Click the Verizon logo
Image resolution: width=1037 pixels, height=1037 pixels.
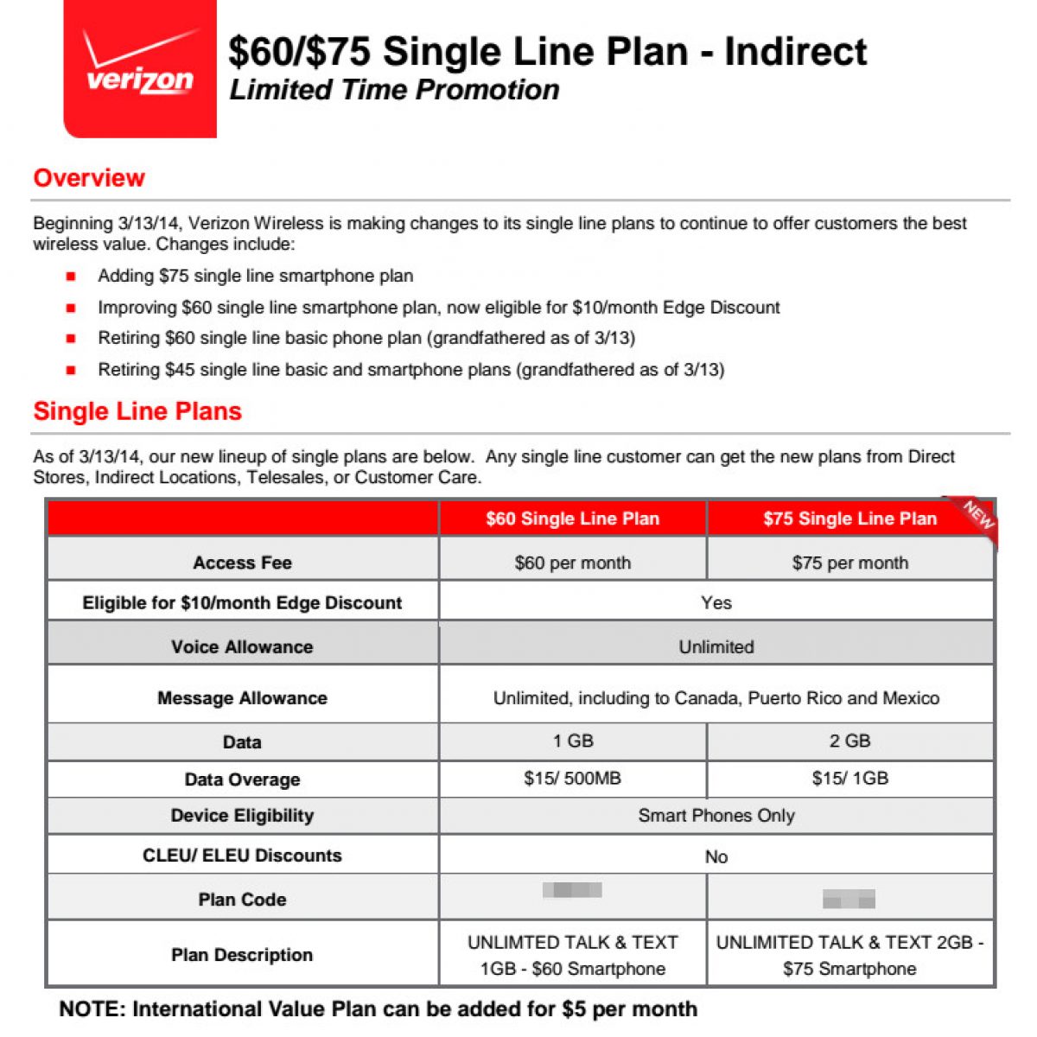pyautogui.click(x=140, y=68)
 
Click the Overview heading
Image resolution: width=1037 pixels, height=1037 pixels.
pyautogui.click(x=89, y=178)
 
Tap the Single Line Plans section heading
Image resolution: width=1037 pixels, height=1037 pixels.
pyautogui.click(x=137, y=411)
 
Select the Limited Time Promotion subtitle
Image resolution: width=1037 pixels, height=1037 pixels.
pyautogui.click(x=394, y=90)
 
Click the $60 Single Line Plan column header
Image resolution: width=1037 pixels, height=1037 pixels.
pyautogui.click(x=572, y=518)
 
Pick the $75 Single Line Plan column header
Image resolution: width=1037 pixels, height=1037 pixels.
pyautogui.click(x=849, y=518)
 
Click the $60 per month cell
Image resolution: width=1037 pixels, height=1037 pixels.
pyautogui.click(x=572, y=563)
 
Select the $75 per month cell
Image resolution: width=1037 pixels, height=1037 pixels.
pyautogui.click(x=849, y=563)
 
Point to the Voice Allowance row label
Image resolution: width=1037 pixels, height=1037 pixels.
pyautogui.click(x=242, y=646)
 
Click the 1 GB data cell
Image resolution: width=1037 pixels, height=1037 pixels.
pyautogui.click(x=572, y=741)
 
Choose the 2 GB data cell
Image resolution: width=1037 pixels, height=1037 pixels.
pyautogui.click(x=849, y=741)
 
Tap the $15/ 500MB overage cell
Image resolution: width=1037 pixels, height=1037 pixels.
pyautogui.click(x=572, y=778)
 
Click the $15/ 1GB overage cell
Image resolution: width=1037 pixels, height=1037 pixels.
pyautogui.click(x=849, y=778)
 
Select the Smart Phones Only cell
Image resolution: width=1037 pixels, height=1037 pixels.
pyautogui.click(x=716, y=815)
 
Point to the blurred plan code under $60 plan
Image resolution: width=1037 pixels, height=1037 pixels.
pyautogui.click(x=572, y=889)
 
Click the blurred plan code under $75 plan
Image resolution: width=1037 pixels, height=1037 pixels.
pyautogui.click(x=849, y=899)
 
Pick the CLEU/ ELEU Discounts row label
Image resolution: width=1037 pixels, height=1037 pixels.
pyautogui.click(x=242, y=855)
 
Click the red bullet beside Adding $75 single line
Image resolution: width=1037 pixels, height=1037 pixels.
pyautogui.click(x=71, y=277)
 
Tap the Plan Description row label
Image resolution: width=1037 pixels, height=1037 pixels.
pyautogui.click(x=242, y=954)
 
